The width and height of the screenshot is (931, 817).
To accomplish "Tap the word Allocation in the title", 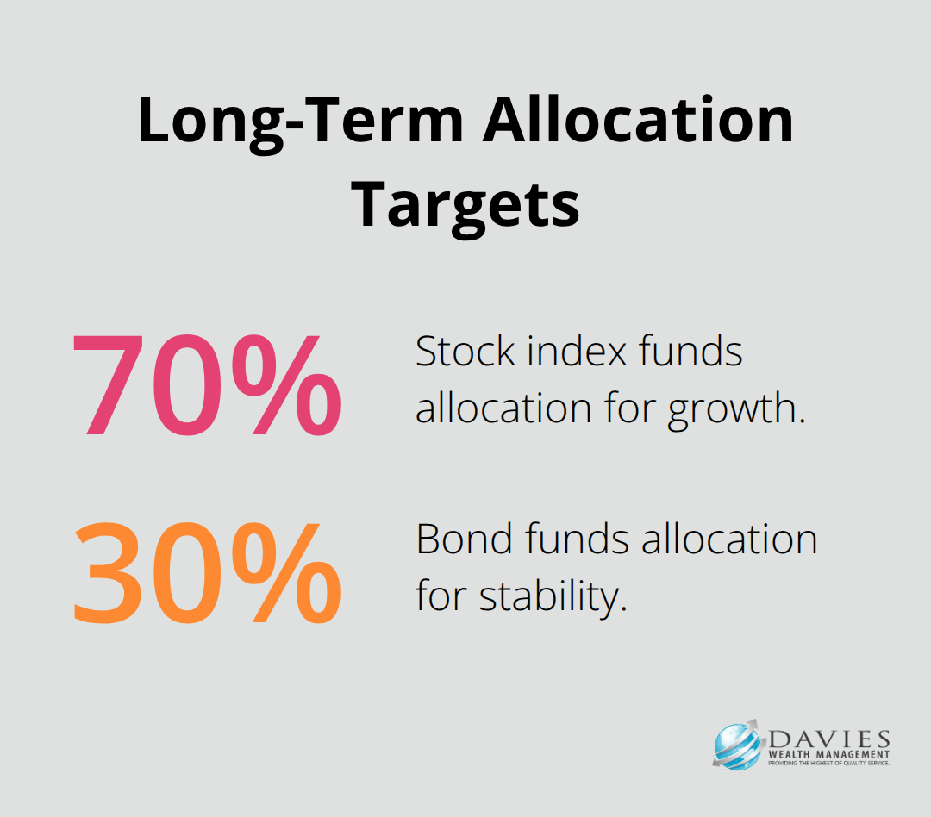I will [638, 121].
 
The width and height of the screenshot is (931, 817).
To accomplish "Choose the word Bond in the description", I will [458, 540].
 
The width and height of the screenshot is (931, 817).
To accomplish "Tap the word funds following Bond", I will [560, 540].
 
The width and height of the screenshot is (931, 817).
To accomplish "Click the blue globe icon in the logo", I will [736, 745].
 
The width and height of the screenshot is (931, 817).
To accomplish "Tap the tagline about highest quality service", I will [825, 764].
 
